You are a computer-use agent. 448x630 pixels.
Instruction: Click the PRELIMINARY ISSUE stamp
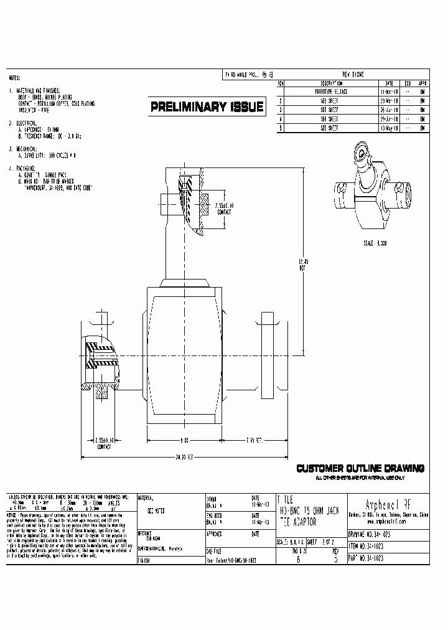pos(207,107)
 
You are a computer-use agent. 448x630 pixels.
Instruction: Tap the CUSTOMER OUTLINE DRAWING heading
pos(360,468)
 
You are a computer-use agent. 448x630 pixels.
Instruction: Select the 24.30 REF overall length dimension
pos(183,458)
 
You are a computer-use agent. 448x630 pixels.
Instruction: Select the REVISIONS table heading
pos(353,75)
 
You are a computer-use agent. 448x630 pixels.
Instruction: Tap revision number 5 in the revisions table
pos(281,128)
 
